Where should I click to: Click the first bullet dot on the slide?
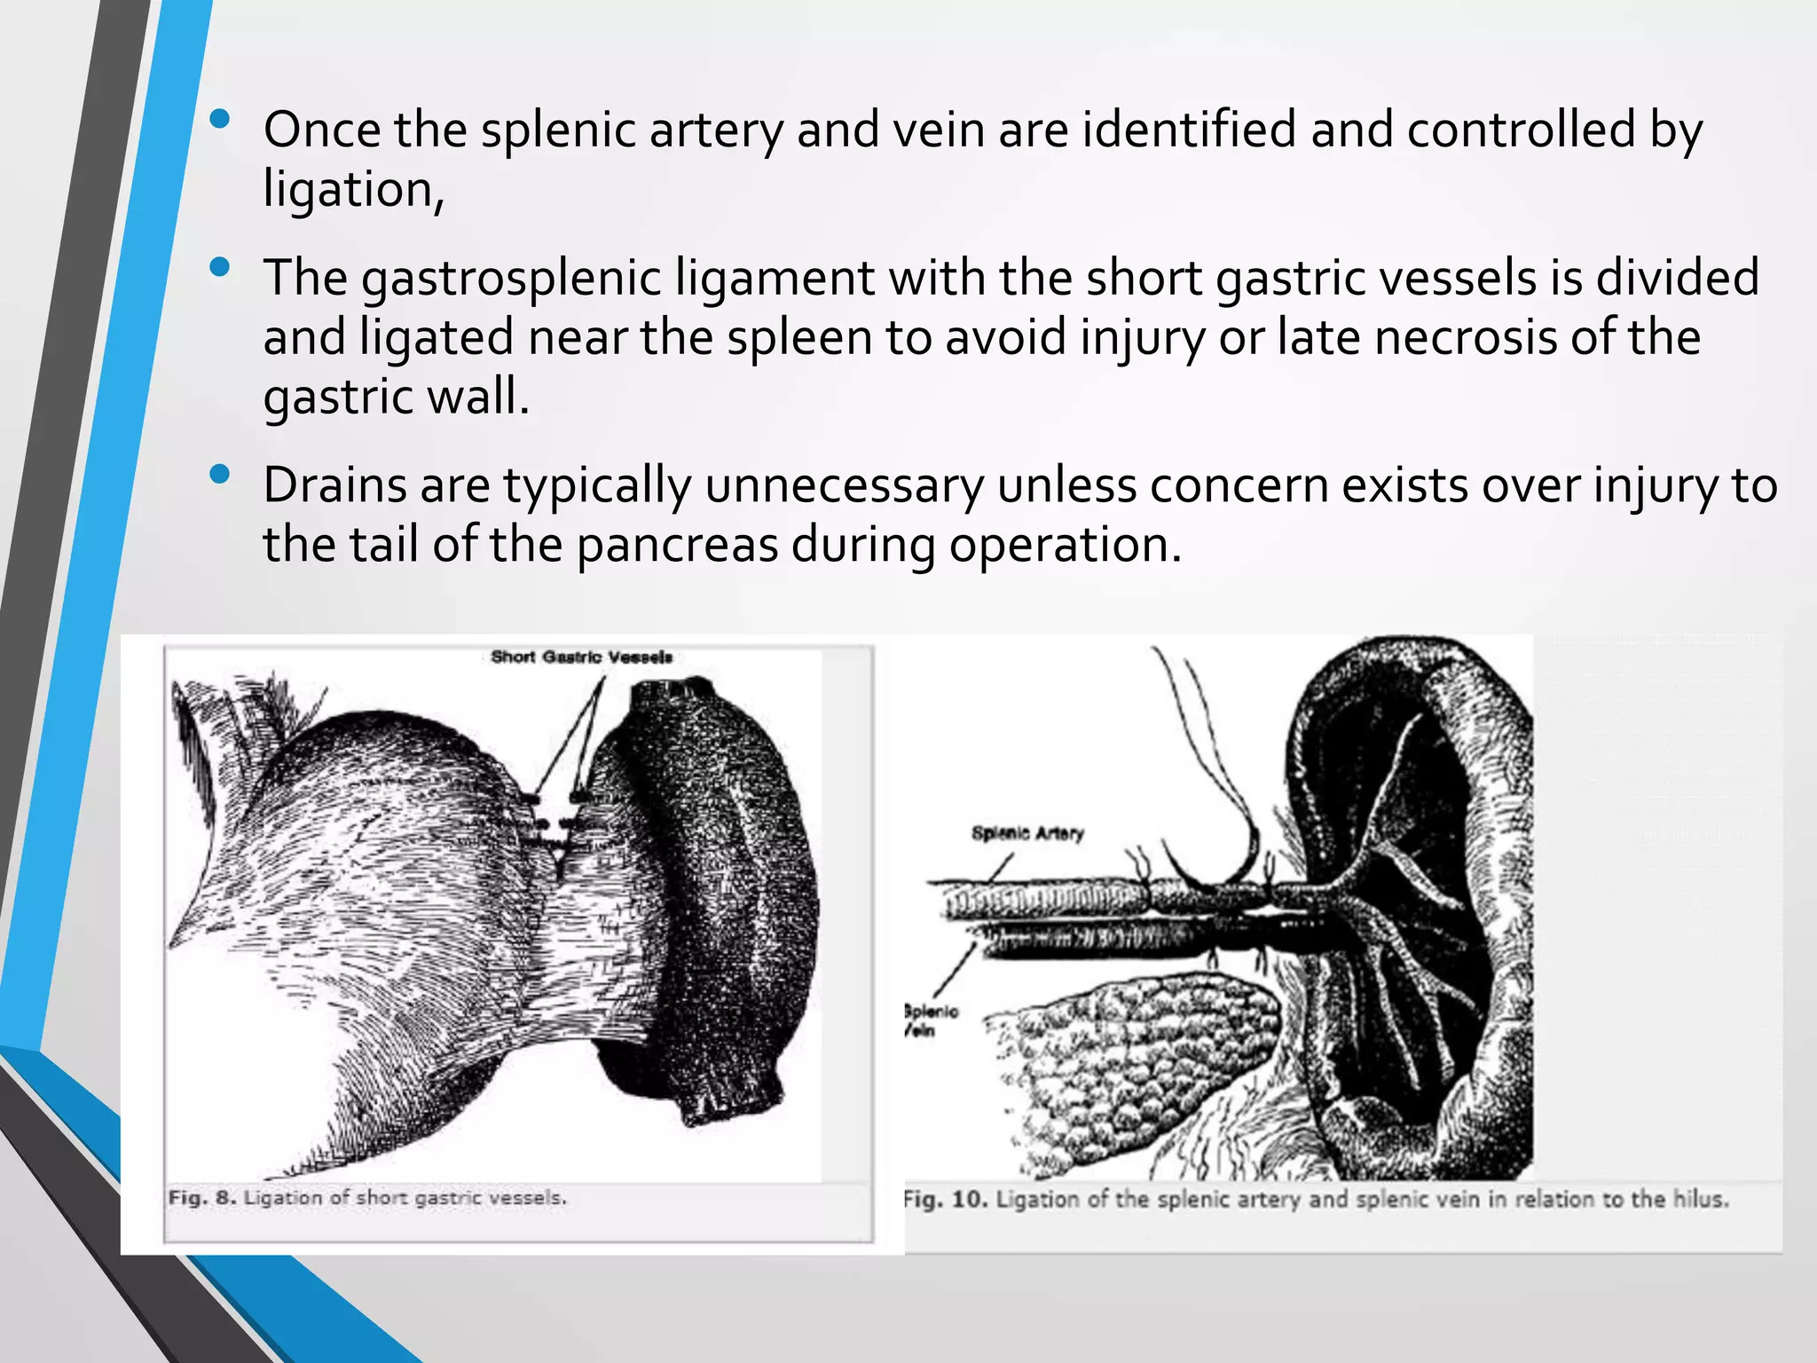pyautogui.click(x=221, y=118)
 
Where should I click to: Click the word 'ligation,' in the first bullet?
pyautogui.click(x=353, y=190)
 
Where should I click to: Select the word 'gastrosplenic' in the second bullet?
pyautogui.click(x=511, y=278)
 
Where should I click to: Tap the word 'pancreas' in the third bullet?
pyautogui.click(x=677, y=545)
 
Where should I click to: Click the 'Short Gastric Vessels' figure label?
pyautogui.click(x=581, y=658)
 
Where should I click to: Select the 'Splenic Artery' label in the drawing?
pyautogui.click(x=1027, y=833)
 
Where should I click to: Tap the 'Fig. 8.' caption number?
pyautogui.click(x=202, y=1198)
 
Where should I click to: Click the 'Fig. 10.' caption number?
pyautogui.click(x=945, y=1200)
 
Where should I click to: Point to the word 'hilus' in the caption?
pyautogui.click(x=1699, y=1200)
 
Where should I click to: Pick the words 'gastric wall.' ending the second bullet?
pyautogui.click(x=396, y=397)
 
